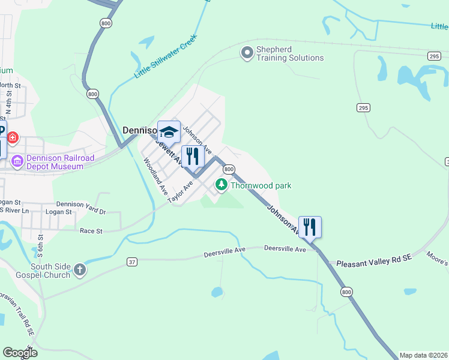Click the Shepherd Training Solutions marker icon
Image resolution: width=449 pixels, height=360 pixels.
click(247, 53)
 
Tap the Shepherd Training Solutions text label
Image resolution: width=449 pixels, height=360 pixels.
click(290, 53)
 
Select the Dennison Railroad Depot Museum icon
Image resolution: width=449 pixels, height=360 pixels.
click(17, 161)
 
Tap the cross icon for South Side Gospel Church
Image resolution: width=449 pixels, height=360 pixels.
click(80, 270)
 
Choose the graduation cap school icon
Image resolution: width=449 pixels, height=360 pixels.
click(169, 131)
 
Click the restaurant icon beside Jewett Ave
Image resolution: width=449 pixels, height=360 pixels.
click(193, 157)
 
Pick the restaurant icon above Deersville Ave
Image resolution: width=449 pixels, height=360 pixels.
click(310, 227)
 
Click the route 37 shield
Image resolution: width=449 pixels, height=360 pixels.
click(132, 262)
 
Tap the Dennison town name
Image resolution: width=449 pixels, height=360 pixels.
click(139, 130)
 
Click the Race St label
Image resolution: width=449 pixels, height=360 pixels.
click(91, 230)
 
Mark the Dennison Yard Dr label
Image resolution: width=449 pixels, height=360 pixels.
click(81, 212)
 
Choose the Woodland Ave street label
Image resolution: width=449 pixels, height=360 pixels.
click(154, 176)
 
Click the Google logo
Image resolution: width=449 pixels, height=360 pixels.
click(19, 353)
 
